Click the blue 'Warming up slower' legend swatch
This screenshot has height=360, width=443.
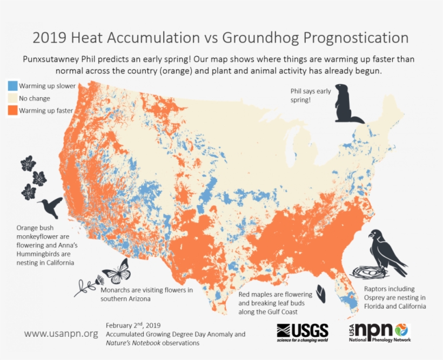coord(12,86)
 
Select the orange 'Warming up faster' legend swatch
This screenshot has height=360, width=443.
coord(12,111)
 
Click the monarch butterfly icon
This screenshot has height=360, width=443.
coord(117,271)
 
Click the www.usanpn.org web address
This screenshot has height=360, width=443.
coord(61,334)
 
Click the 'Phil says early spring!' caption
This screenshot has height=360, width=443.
coord(311,95)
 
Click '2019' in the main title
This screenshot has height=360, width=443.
coord(49,38)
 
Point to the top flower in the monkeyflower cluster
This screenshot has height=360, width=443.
coord(28,163)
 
